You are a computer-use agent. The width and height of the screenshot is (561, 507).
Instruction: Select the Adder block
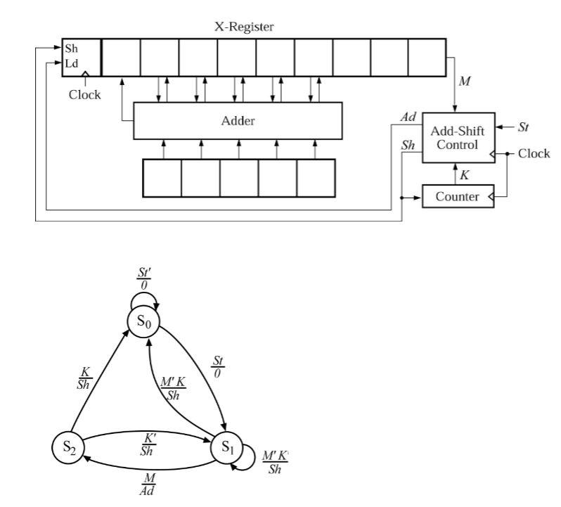coord(238,120)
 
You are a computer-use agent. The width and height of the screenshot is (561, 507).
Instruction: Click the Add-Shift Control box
coord(458,139)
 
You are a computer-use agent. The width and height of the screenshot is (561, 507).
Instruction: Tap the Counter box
coord(456,196)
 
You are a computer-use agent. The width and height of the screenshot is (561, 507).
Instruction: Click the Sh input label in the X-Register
coord(72,50)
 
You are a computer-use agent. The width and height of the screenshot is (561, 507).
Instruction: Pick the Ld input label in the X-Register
coord(72,63)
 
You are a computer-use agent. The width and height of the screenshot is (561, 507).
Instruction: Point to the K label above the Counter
coord(464,174)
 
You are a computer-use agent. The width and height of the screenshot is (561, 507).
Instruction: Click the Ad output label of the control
coord(408,118)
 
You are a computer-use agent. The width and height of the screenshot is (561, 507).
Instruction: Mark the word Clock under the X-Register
coord(84,94)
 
